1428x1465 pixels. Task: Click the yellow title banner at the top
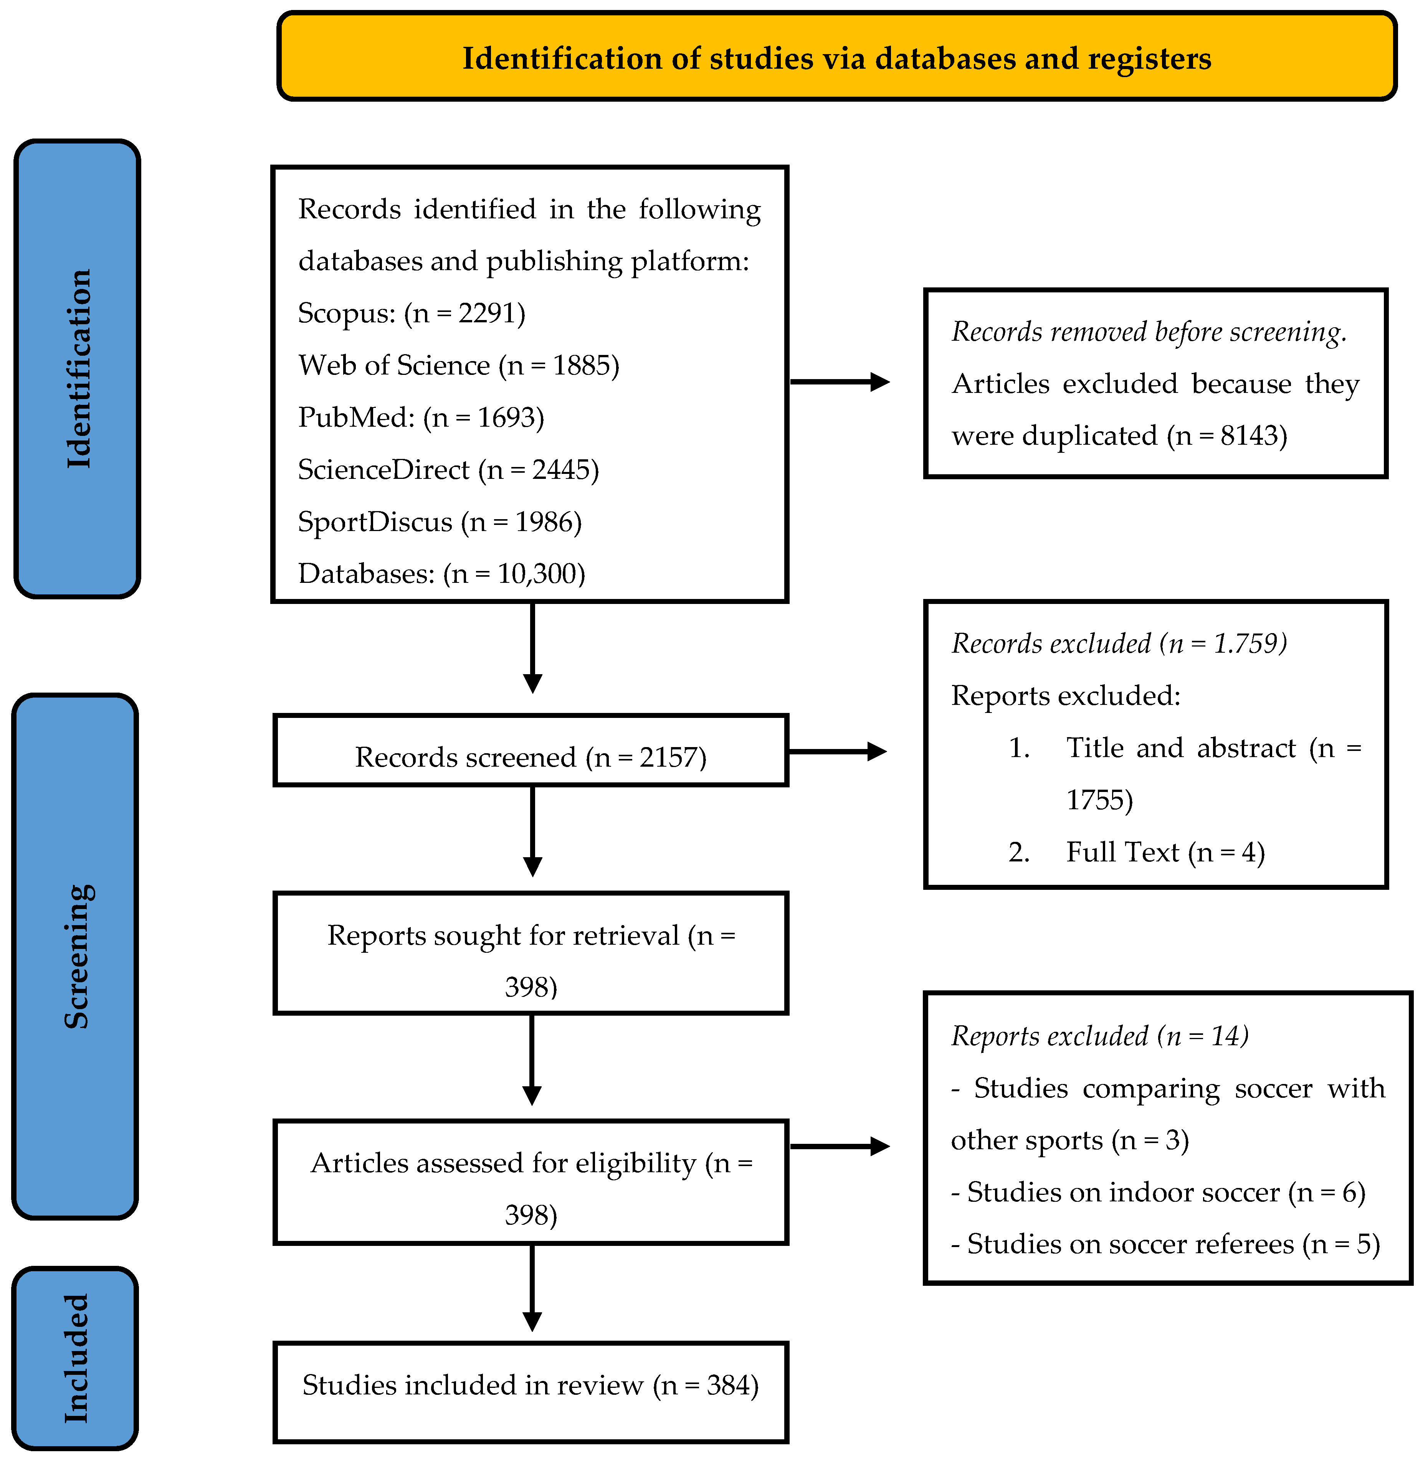tap(836, 56)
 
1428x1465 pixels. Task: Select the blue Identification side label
tap(77, 369)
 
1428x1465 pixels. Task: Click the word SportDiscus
tap(375, 522)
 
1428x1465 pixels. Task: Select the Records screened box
tap(531, 751)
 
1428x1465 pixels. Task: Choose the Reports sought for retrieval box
tap(531, 953)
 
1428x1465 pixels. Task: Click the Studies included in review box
tap(531, 1392)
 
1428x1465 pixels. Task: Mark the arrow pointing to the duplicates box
tap(840, 382)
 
